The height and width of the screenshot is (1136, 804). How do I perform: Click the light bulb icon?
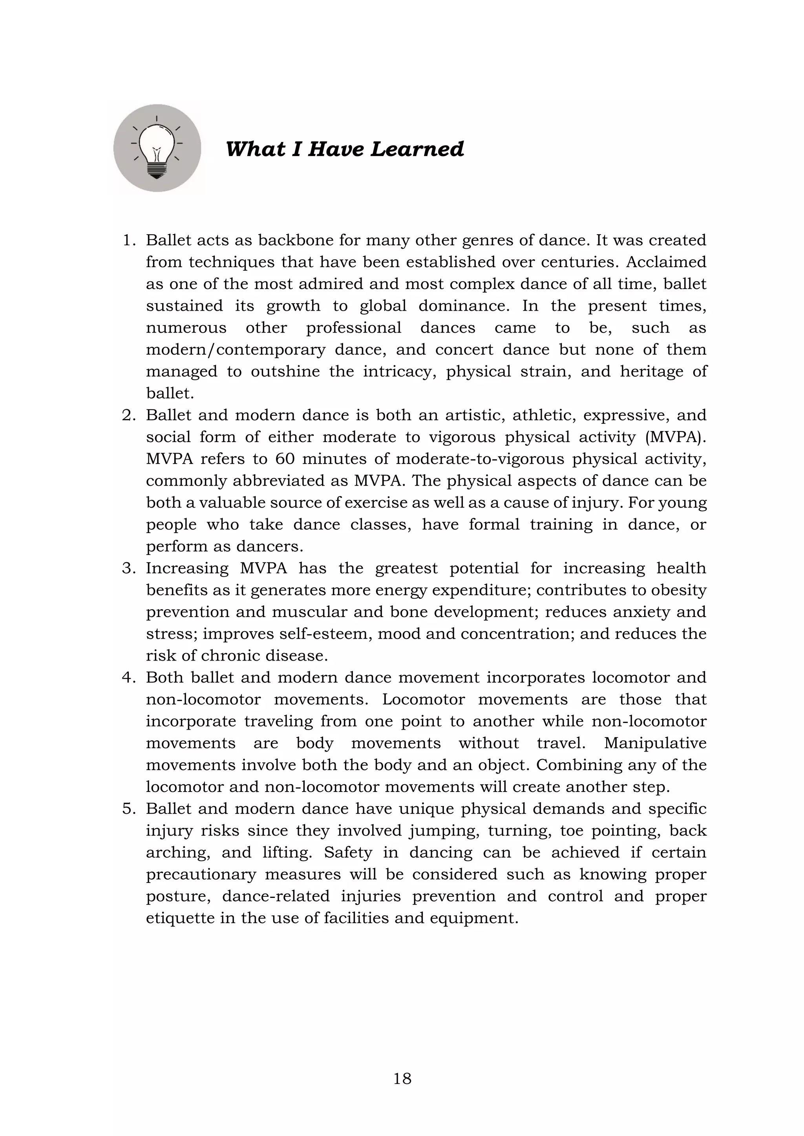157,148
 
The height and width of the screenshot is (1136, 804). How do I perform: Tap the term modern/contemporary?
236,350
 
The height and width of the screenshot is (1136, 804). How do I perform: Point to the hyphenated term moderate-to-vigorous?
480,459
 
